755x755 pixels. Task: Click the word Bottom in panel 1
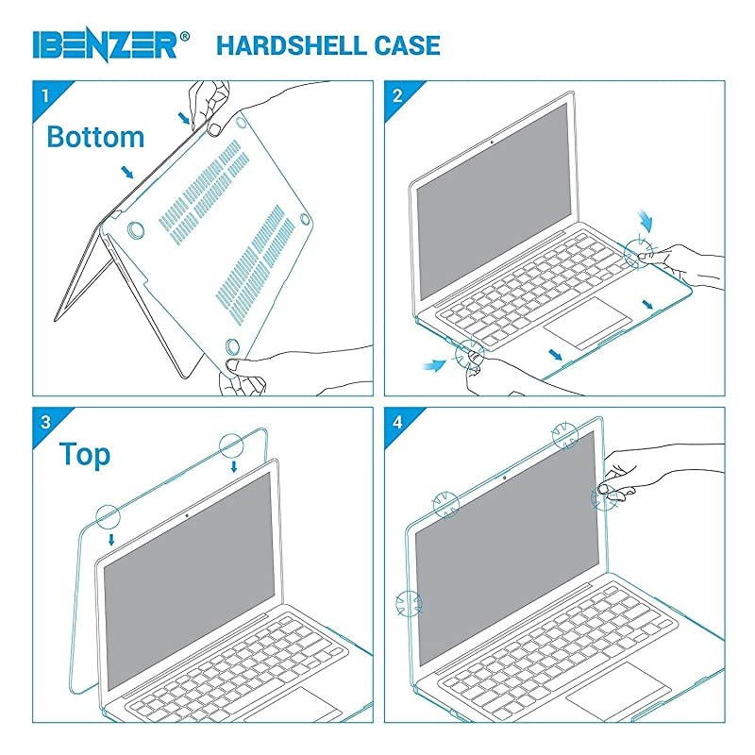pos(95,137)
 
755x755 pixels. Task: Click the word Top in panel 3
pos(85,454)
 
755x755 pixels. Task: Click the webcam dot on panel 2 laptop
pos(494,144)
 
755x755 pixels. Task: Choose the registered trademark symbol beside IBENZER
pos(185,36)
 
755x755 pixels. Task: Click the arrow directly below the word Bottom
pos(126,173)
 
